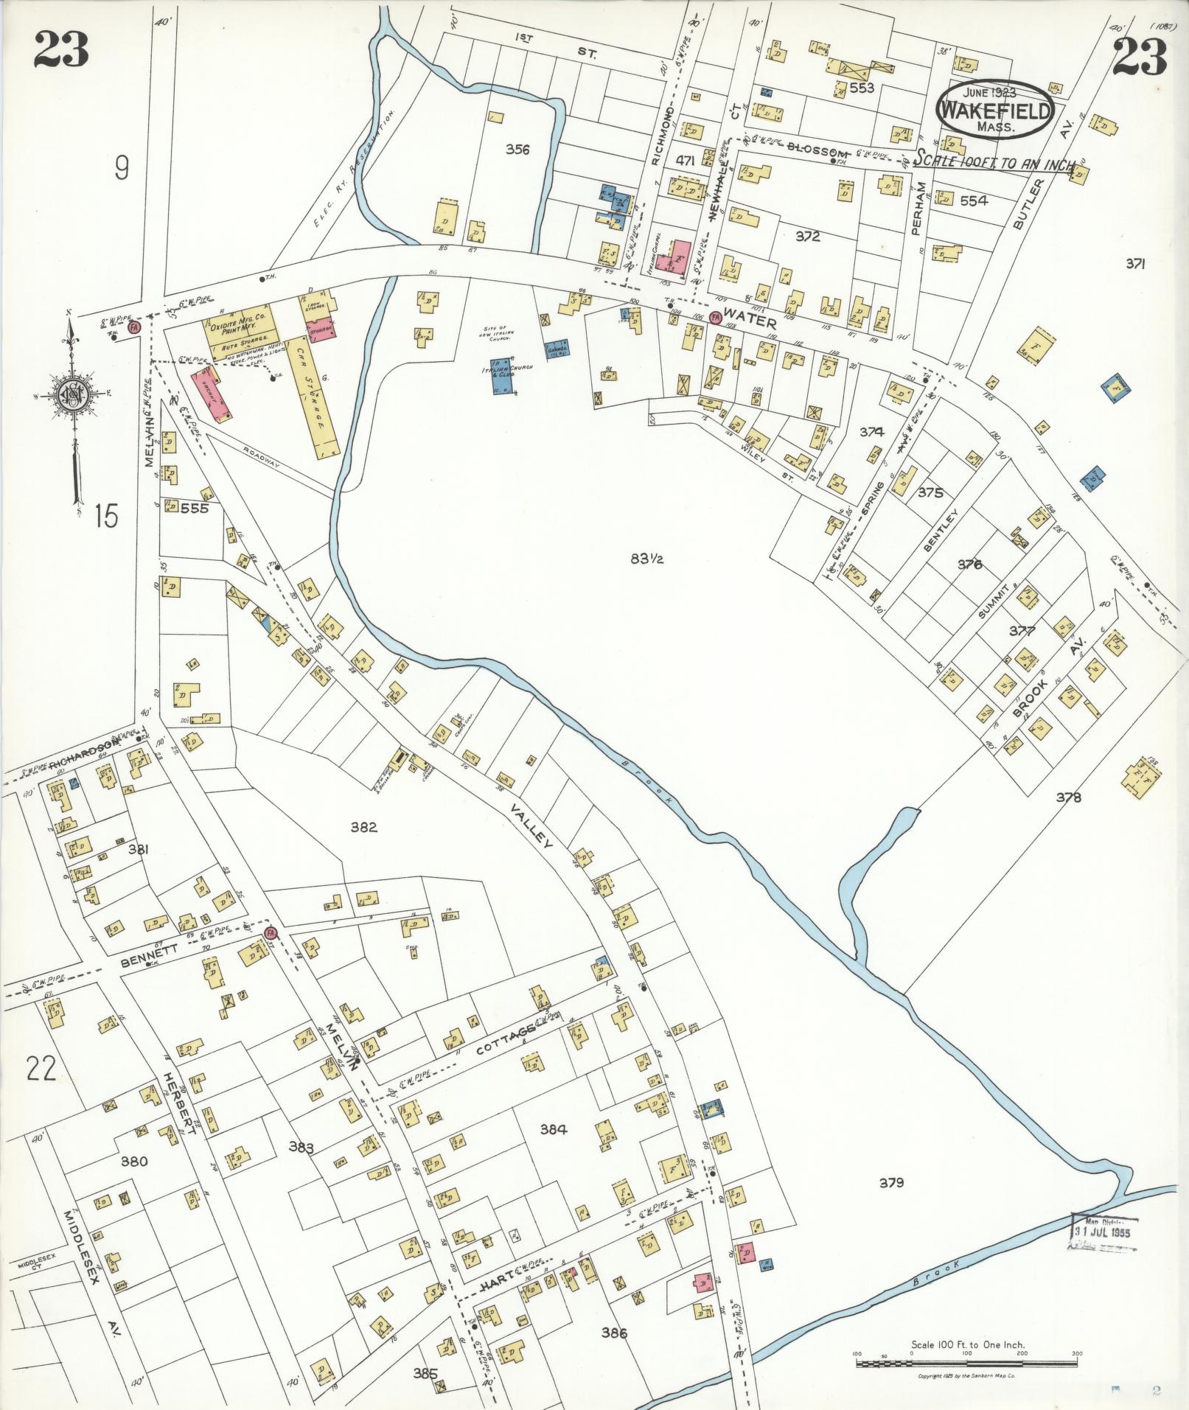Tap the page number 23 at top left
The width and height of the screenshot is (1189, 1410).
pos(60,51)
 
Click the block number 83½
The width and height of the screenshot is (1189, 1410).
pos(647,558)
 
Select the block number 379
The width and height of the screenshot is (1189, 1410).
pos(891,1183)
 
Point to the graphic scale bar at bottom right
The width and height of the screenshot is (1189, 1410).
pos(966,1363)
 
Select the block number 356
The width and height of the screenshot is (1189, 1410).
pos(517,149)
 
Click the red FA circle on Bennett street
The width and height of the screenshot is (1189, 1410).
pos(269,932)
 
